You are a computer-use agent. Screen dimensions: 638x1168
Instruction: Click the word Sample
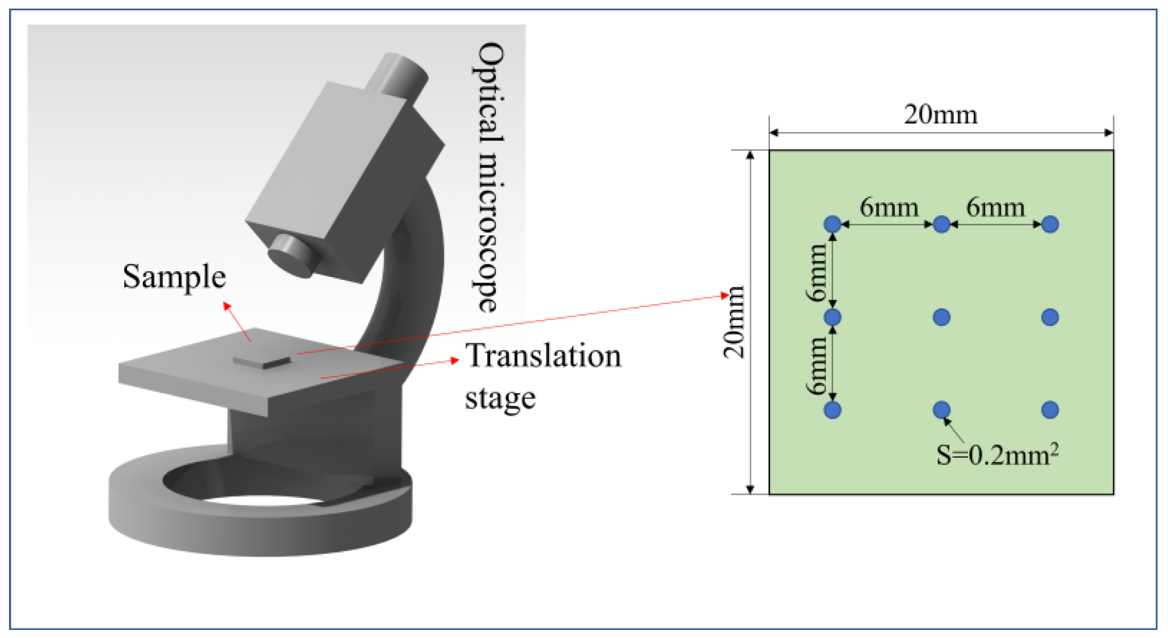[174, 277]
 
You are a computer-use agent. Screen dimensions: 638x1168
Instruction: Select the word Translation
[543, 356]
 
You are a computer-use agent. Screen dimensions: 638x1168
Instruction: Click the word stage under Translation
[500, 398]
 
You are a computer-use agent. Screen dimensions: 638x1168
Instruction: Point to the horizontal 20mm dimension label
[941, 115]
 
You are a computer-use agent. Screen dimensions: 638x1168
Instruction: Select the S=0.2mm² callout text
[997, 455]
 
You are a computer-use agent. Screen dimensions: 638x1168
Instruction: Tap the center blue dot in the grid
[941, 317]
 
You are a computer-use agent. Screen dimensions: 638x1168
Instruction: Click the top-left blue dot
[833, 224]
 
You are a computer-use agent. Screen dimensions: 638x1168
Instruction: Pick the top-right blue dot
[1050, 224]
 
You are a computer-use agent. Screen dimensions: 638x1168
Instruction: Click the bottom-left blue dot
[833, 410]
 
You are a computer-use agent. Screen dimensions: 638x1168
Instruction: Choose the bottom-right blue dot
[1050, 410]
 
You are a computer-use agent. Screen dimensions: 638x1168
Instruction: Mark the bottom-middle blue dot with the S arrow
[941, 410]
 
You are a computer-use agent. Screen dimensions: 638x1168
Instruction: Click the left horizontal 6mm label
[889, 208]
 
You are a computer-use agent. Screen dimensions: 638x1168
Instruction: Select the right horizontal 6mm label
[995, 208]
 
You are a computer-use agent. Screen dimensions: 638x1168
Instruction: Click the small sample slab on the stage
[262, 362]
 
